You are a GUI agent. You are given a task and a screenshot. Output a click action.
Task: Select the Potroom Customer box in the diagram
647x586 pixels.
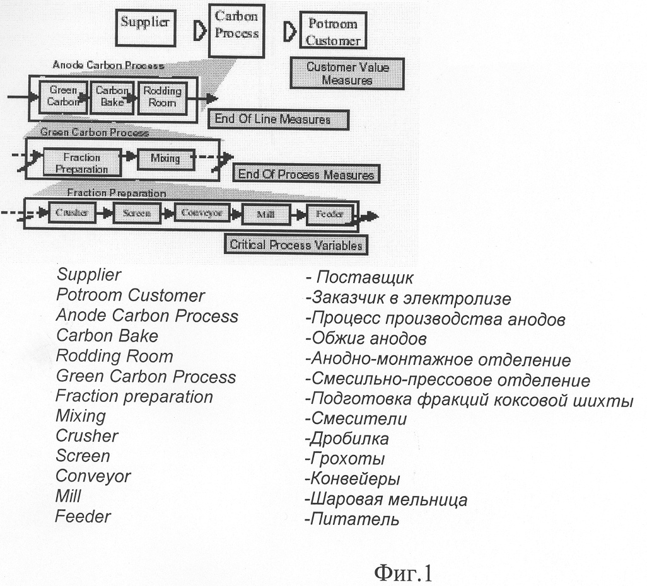click(x=333, y=32)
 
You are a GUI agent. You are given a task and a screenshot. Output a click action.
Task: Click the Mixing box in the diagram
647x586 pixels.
click(x=164, y=158)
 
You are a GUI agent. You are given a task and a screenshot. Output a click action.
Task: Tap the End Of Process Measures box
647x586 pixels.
click(x=305, y=175)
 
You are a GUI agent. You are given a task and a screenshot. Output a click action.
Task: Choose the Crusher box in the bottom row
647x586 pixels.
click(x=71, y=213)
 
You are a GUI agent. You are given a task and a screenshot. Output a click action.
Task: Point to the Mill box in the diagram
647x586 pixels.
click(x=265, y=214)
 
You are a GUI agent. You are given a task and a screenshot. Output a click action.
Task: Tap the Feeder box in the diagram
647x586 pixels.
click(x=329, y=214)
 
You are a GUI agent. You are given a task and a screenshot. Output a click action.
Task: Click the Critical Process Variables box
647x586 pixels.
click(x=296, y=244)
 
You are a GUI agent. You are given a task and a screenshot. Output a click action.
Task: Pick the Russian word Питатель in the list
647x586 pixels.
click(x=353, y=520)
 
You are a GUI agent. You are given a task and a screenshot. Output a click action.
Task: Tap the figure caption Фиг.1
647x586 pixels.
click(x=402, y=572)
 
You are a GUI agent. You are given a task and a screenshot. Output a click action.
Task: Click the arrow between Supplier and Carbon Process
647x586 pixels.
click(x=199, y=32)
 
